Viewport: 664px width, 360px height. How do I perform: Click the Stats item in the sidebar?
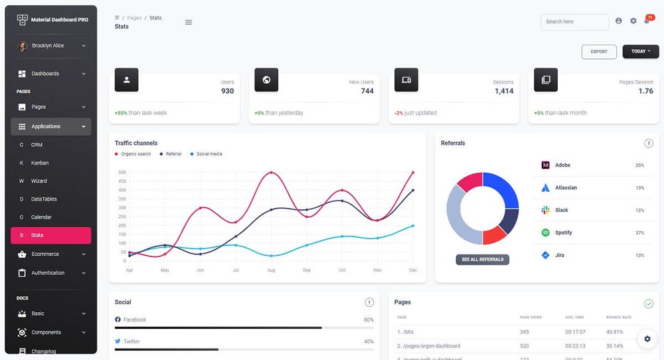tap(37, 235)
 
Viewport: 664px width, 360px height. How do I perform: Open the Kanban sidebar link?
tap(40, 163)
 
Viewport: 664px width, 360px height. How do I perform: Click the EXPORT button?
tap(599, 52)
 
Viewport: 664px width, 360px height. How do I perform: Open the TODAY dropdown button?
tap(640, 52)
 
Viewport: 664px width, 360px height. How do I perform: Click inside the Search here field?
tap(574, 22)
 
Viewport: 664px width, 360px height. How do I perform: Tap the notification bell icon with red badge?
tap(647, 21)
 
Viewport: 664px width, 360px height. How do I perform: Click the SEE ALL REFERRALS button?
tap(483, 259)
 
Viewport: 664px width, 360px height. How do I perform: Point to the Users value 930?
tap(227, 91)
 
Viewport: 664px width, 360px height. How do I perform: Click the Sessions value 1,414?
tap(504, 91)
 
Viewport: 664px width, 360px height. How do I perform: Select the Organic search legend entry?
tap(135, 154)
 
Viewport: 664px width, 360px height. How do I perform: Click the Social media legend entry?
tap(209, 154)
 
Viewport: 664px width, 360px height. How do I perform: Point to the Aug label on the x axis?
tap(271, 270)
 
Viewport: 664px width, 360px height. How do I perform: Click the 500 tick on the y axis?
tap(122, 173)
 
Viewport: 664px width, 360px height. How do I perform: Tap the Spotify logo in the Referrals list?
tap(545, 232)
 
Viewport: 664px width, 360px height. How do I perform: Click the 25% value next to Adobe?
tap(639, 165)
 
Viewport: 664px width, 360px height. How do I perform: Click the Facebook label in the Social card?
tap(135, 319)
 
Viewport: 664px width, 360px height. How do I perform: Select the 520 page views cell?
tap(525, 346)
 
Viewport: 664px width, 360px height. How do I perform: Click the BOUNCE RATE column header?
tap(618, 317)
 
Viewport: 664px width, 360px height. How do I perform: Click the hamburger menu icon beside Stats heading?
tap(189, 22)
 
